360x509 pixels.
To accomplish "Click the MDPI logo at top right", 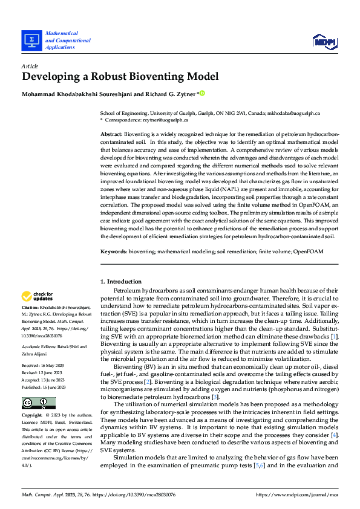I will pos(323,41).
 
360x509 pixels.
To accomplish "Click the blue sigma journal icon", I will pos(31,41).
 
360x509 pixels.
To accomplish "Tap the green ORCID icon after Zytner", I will pos(203,93).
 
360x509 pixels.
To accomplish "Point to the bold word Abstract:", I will pos(111,132).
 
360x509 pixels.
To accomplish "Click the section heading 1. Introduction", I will pos(121,282).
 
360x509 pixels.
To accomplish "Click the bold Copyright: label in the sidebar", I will pos(33,416).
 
